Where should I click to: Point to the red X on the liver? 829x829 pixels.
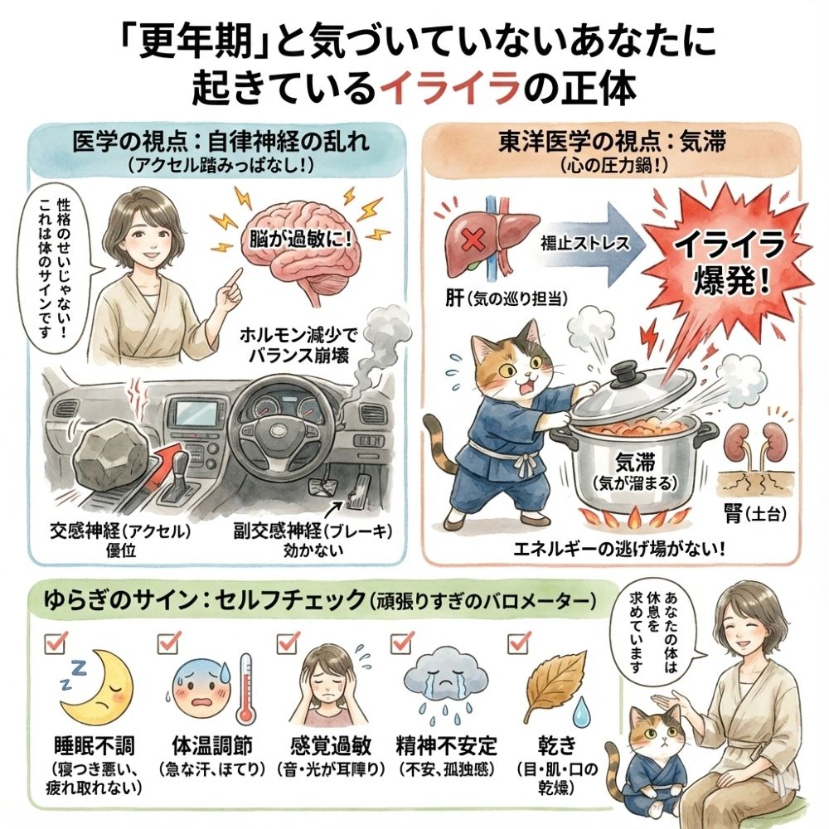point(473,242)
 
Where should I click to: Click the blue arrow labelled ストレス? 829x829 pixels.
point(593,244)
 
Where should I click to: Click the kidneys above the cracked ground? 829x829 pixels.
point(756,442)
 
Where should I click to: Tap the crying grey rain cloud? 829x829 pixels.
point(446,676)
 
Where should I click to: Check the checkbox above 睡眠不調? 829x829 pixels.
point(55,643)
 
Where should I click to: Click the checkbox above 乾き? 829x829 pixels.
point(518,642)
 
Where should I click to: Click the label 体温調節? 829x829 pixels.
point(212,745)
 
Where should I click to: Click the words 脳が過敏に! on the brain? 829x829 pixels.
point(300,240)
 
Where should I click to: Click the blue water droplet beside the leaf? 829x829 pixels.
point(582,710)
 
